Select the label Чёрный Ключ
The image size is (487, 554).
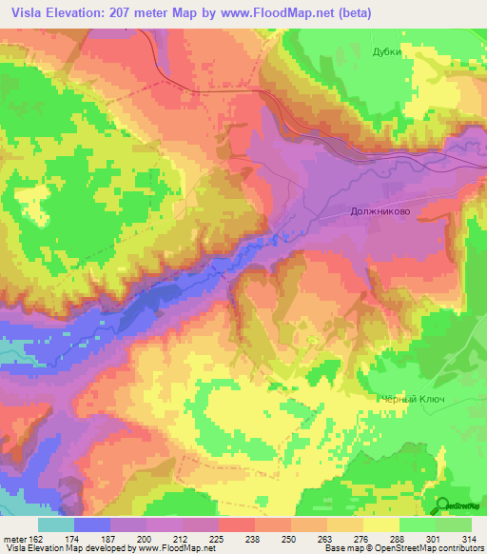click(413, 401)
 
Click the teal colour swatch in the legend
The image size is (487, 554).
click(56, 524)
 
